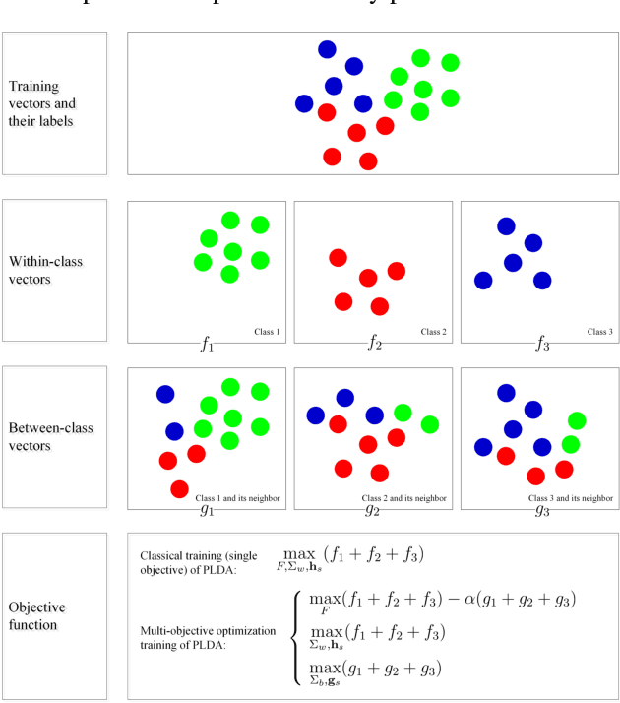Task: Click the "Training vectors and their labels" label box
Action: (x=54, y=103)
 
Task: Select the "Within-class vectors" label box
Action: (x=54, y=271)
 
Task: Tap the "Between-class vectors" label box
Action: (x=54, y=438)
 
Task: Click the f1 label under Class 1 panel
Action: (x=207, y=344)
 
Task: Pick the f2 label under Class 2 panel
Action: (x=374, y=344)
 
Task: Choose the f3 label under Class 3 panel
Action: (x=541, y=344)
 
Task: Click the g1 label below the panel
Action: (x=207, y=509)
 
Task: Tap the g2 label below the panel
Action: (x=373, y=509)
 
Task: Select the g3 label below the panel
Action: (x=541, y=509)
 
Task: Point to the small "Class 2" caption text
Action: (x=434, y=332)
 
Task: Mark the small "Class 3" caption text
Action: (x=600, y=332)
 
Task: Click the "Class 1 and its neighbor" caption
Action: (x=238, y=498)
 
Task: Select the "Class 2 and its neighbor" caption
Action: (x=404, y=498)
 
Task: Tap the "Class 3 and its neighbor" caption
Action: (x=571, y=498)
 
